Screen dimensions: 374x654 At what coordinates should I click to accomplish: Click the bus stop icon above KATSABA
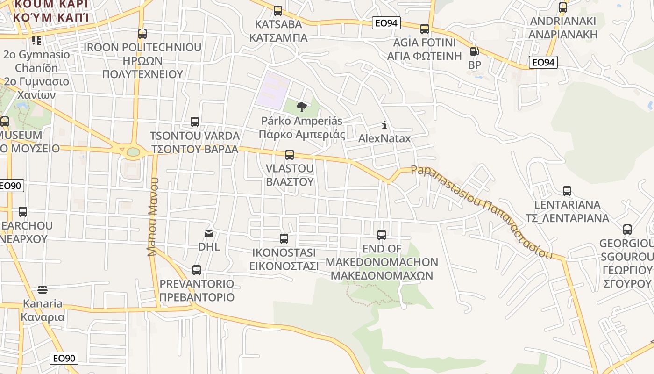click(x=278, y=10)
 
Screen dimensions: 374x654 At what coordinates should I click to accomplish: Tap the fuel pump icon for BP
click(x=474, y=51)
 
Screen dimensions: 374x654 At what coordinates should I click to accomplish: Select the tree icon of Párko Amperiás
click(x=302, y=107)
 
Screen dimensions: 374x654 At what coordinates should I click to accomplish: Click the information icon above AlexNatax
click(x=384, y=125)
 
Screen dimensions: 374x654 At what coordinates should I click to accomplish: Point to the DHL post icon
click(x=209, y=233)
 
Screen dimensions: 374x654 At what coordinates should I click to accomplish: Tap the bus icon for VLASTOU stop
click(x=290, y=154)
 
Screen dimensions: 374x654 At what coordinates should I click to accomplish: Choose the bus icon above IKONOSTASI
click(x=284, y=239)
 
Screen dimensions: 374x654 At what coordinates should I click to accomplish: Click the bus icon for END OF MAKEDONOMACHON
click(x=382, y=235)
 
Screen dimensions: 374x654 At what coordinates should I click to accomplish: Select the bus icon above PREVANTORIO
click(x=197, y=270)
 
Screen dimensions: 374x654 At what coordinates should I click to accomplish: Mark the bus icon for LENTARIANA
click(x=567, y=191)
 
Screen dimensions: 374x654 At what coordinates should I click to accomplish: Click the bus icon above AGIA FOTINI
click(x=424, y=29)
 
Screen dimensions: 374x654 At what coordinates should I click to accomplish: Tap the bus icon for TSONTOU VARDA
click(x=195, y=122)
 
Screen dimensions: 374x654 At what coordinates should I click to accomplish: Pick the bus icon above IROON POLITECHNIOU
click(x=142, y=34)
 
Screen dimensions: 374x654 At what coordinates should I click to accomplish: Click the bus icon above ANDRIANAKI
click(x=563, y=7)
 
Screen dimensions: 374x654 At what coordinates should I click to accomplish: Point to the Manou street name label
click(x=153, y=216)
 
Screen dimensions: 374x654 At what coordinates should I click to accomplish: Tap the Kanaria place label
click(x=43, y=310)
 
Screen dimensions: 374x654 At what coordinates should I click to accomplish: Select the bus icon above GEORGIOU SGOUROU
click(x=627, y=230)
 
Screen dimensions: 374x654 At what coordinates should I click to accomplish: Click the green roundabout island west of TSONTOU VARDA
click(x=133, y=151)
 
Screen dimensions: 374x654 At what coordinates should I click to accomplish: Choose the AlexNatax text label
click(x=384, y=138)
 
